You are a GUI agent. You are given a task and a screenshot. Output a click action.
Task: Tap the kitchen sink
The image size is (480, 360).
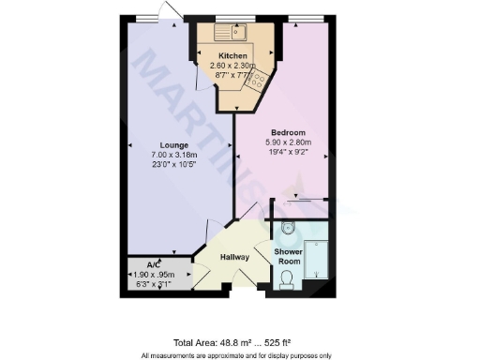(x=230, y=34)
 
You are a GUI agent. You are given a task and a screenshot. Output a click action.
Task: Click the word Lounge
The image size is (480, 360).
(x=174, y=145)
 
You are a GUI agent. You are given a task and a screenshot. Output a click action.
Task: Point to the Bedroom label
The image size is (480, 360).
(x=289, y=132)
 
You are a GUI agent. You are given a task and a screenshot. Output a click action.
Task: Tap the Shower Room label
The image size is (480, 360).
(x=288, y=256)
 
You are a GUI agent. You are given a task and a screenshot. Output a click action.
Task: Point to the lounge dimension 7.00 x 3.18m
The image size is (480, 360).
(x=174, y=156)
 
